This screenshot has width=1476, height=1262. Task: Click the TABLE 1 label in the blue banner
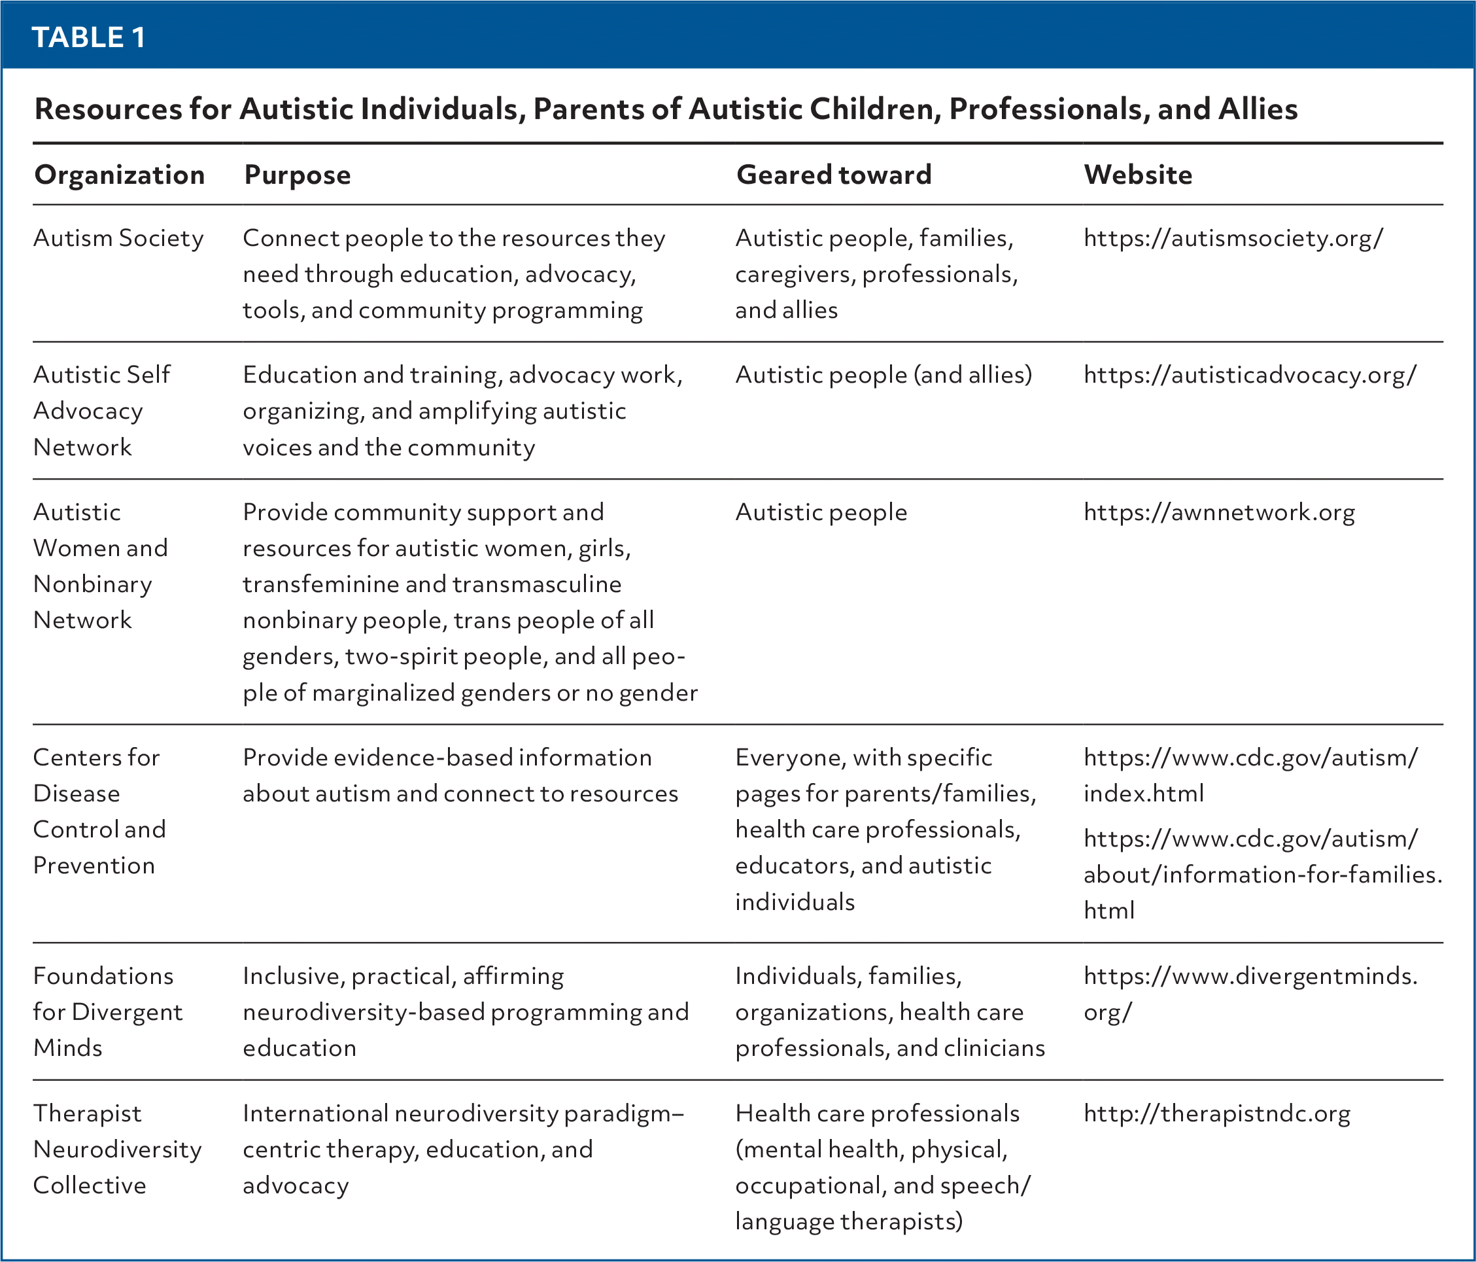coord(89,37)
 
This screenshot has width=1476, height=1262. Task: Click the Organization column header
coord(120,175)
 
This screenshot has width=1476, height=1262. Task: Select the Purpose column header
coord(297,175)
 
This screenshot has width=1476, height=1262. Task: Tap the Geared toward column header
coord(833,175)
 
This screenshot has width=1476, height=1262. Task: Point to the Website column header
coord(1138,175)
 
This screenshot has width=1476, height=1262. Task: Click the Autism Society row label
coord(118,238)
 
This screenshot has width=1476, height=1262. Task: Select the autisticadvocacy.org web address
coord(1250,375)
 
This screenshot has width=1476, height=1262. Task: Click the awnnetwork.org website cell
coord(1219,512)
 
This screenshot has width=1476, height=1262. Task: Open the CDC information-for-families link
coord(1262,874)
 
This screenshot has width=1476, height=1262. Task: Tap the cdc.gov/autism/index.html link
coord(1250,775)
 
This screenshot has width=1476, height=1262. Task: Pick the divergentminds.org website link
coord(1250,993)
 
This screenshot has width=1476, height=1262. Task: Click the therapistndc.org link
coord(1216,1113)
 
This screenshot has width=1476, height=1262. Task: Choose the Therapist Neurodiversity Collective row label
coord(118,1149)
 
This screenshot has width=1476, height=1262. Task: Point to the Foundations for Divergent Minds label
coord(107,1012)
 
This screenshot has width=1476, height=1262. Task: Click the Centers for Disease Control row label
coord(99,812)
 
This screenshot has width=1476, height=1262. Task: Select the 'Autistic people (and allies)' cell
coord(884,375)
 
